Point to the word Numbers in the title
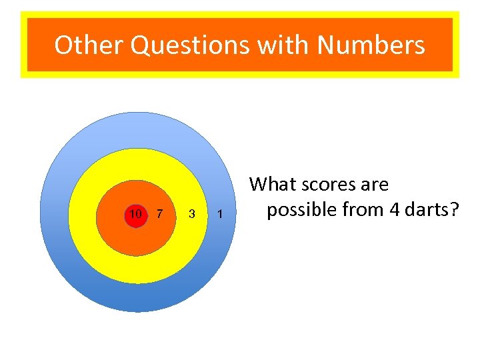tap(371, 45)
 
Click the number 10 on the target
tap(135, 214)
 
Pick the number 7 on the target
tap(159, 214)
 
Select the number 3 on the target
tap(192, 215)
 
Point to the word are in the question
tap(375, 184)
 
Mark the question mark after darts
tap(455, 209)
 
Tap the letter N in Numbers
tap(327, 45)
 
